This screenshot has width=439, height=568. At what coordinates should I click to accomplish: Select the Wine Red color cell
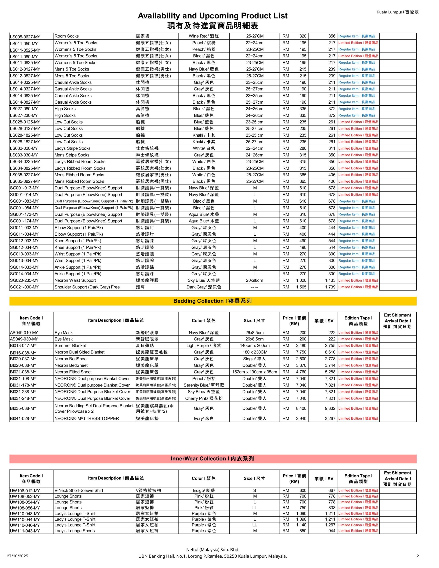[204, 36]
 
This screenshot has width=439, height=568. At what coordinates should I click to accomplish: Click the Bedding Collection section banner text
[212, 301]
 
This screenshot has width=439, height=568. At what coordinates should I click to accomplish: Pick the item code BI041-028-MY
[23, 418]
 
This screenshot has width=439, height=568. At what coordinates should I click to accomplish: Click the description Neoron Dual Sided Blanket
[79, 352]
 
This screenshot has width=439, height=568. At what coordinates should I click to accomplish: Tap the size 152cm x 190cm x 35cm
[255, 372]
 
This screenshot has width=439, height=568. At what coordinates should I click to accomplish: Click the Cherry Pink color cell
[204, 398]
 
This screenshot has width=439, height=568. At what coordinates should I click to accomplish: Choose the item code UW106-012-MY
[25, 491]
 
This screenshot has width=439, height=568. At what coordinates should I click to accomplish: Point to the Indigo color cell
[204, 491]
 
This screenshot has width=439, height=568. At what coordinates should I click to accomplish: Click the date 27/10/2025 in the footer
[18, 556]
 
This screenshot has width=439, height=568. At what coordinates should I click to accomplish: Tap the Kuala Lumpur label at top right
[397, 12]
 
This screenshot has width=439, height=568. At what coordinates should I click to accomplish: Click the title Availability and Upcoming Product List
[212, 16]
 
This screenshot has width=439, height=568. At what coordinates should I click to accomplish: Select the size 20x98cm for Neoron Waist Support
[255, 280]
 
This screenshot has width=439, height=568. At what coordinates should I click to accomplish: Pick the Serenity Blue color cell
[204, 385]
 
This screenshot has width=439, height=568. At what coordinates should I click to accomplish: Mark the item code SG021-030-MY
[24, 287]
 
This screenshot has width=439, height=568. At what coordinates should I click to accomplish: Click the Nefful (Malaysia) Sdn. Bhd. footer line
[212, 550]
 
